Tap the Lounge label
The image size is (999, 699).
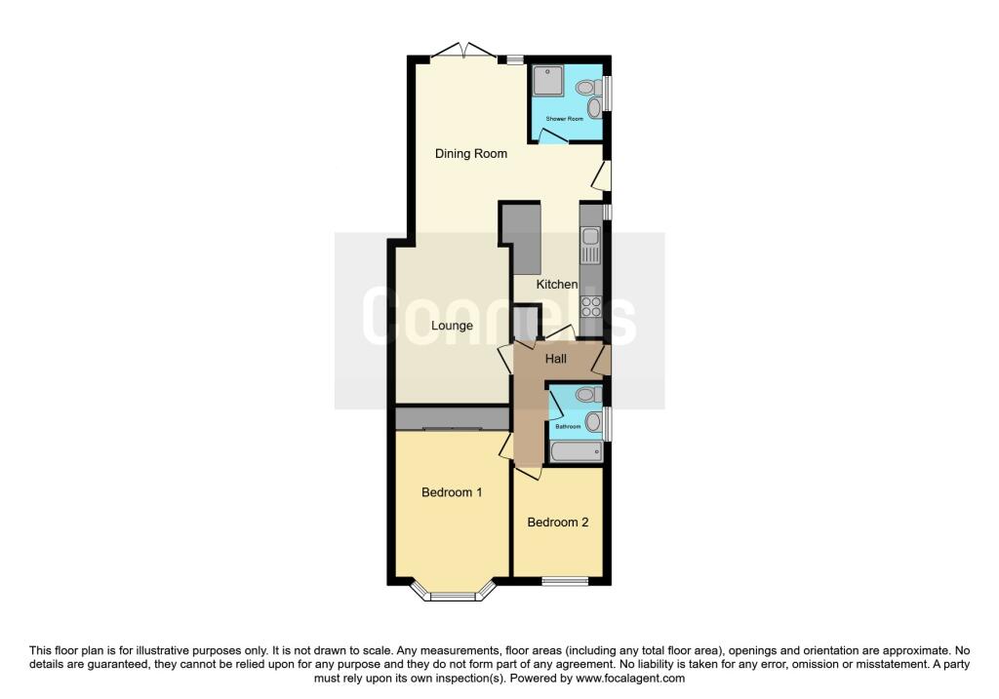tap(452, 326)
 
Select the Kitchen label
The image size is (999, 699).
tap(557, 284)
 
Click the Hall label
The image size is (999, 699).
tap(556, 359)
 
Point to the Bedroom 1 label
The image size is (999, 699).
tap(452, 492)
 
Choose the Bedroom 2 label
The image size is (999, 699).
tap(558, 523)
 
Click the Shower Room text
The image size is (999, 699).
tap(565, 118)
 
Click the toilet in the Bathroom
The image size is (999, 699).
tap(587, 395)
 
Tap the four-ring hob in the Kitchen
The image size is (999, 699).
tap(590, 306)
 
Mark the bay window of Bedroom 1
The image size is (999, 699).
tap(452, 592)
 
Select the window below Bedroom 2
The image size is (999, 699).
tap(565, 582)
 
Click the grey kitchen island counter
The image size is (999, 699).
tap(525, 238)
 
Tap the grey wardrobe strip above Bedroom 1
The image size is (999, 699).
tap(452, 418)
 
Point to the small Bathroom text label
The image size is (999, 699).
tap(568, 426)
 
